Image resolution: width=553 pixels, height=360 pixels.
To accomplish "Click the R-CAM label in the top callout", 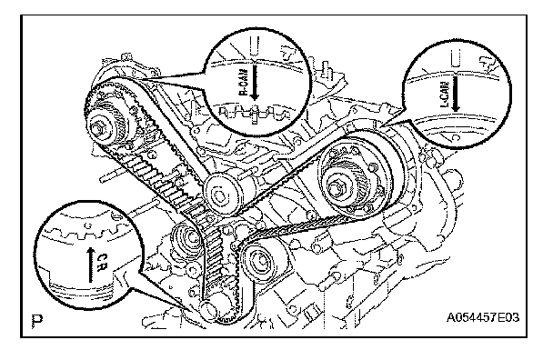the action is (x=244, y=82).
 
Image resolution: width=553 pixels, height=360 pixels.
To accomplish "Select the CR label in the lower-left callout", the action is (x=101, y=263).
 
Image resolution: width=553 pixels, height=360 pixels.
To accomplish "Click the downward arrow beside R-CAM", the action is (x=255, y=81).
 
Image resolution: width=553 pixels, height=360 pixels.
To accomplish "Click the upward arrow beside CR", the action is (x=91, y=265).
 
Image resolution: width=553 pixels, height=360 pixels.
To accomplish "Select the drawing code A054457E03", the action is (x=483, y=317).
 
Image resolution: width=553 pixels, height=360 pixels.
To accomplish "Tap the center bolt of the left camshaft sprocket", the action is (x=99, y=129).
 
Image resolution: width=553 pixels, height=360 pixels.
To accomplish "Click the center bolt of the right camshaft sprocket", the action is (x=336, y=186).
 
